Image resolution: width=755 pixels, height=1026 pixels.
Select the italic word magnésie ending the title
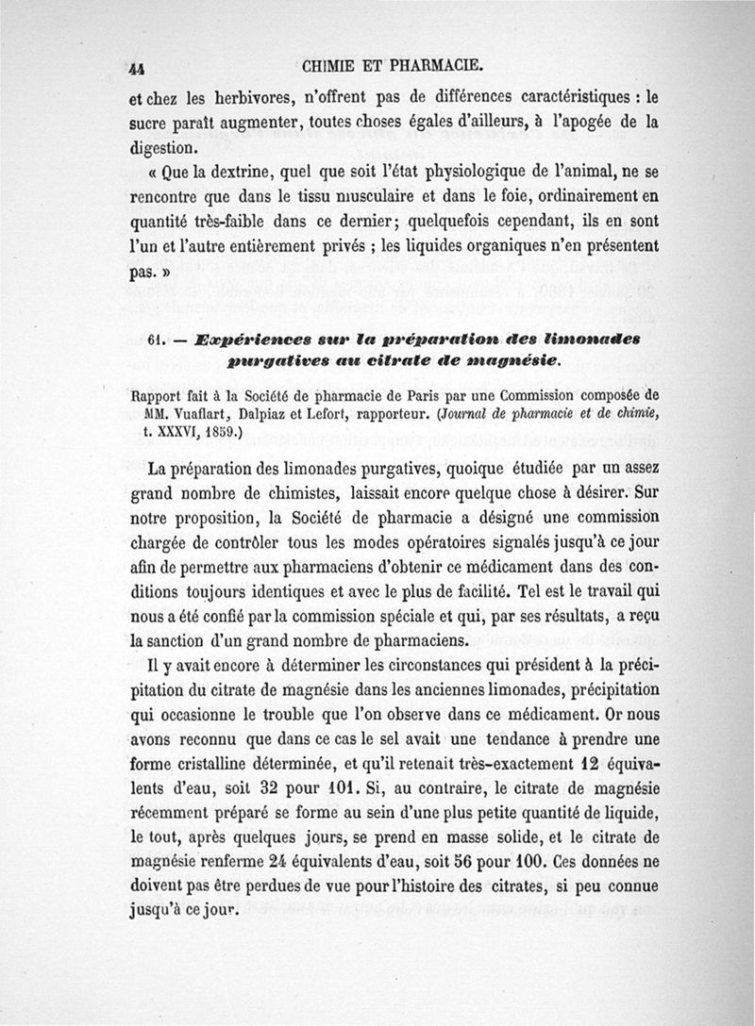[x=513, y=360]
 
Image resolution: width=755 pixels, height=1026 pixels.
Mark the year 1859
[x=221, y=434]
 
